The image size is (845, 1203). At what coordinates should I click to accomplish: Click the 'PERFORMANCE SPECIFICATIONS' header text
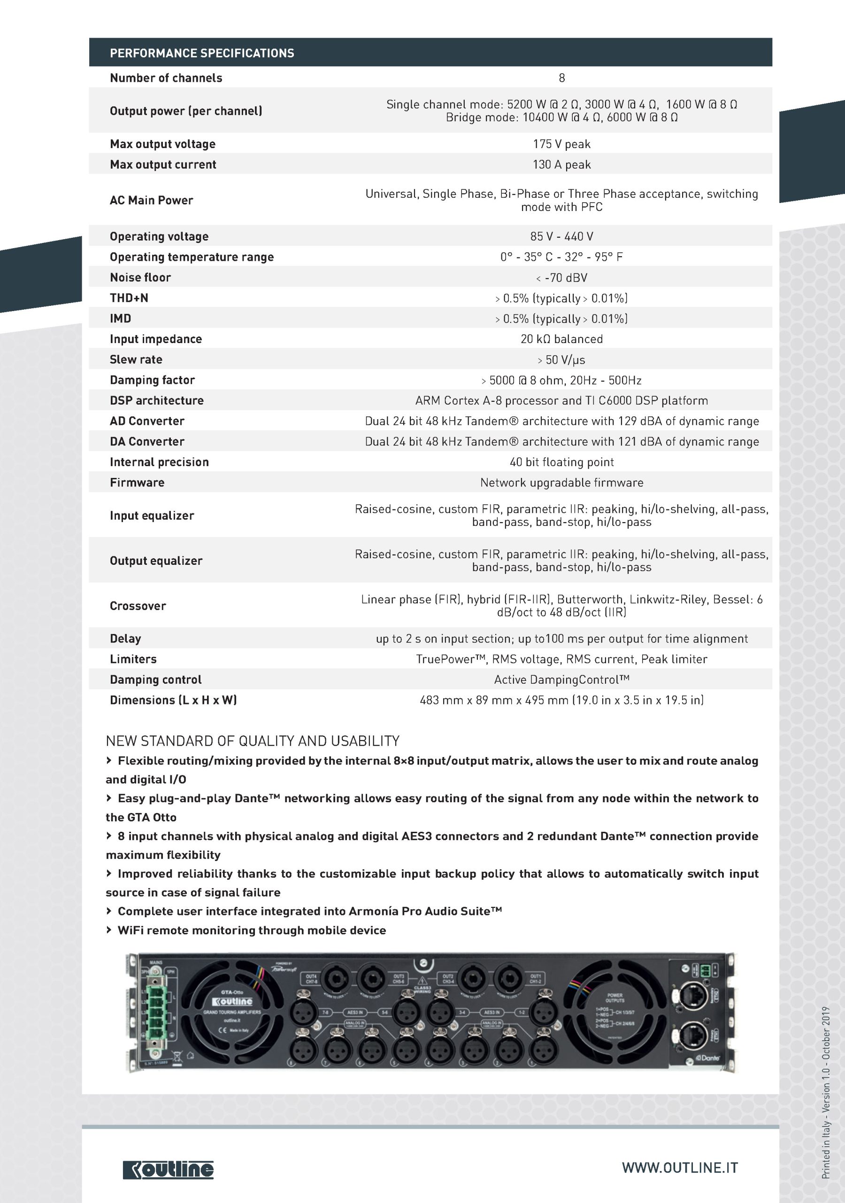pos(201,53)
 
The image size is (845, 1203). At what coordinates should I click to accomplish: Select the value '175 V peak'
pos(561,144)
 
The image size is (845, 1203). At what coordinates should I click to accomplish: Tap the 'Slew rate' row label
pos(136,359)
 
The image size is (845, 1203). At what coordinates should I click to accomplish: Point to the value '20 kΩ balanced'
pos(561,339)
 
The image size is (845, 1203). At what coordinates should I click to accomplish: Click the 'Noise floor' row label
pos(140,277)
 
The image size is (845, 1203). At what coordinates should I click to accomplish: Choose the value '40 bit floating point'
pos(561,462)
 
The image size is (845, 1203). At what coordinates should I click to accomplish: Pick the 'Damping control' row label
pos(155,680)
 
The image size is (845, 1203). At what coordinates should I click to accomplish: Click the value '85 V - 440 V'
pos(561,236)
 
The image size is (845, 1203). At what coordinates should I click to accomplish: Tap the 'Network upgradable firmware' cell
pos(561,483)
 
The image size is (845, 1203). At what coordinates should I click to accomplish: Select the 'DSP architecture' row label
pos(156,400)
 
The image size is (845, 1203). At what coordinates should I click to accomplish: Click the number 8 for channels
pos(562,78)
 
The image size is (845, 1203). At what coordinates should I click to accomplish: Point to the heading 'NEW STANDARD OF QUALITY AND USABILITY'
pos(253,741)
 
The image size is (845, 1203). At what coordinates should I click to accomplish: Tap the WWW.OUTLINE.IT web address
pos(680,1167)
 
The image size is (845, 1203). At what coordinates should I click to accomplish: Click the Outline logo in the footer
pos(168,1170)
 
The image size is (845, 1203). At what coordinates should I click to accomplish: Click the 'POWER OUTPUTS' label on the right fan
pos(615,998)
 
